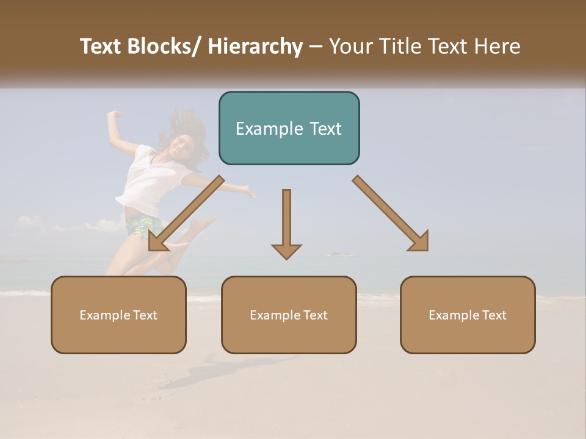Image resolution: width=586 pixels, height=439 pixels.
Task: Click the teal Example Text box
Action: [289, 128]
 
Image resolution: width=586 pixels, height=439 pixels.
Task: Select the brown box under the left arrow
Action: [118, 315]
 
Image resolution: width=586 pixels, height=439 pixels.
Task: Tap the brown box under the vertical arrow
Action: [289, 315]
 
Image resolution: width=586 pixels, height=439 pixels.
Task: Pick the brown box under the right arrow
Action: [468, 315]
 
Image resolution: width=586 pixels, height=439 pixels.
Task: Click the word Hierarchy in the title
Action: [255, 46]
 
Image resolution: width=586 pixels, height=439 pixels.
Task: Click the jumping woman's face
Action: [178, 145]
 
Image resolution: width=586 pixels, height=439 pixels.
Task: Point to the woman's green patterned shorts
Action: [143, 224]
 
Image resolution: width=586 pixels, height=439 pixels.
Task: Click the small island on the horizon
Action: [339, 254]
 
